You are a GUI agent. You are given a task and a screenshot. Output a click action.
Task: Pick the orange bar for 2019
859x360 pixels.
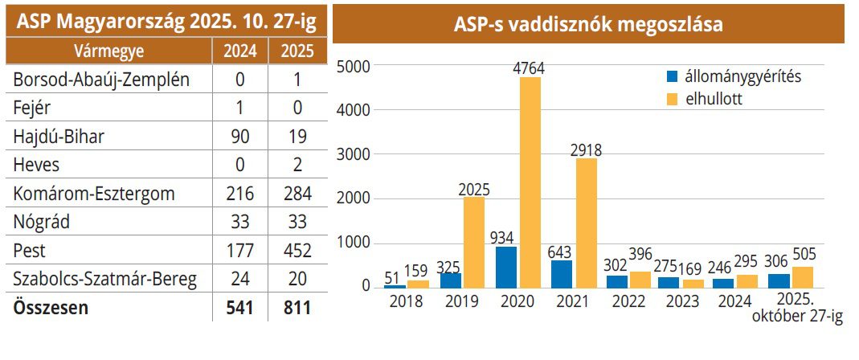click(474, 242)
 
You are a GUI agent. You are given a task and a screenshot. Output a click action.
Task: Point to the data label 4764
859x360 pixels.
click(529, 68)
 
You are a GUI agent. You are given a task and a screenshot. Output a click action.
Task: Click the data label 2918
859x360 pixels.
click(586, 149)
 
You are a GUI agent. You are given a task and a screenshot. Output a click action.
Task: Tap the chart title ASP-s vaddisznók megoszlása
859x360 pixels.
click(588, 25)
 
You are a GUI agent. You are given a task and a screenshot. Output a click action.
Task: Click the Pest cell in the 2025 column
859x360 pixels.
click(297, 252)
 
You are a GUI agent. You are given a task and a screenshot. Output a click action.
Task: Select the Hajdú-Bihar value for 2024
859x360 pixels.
click(240, 137)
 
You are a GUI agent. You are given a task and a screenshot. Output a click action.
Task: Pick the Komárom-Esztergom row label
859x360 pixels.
click(95, 194)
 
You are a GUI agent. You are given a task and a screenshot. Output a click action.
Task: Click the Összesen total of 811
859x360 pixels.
click(297, 308)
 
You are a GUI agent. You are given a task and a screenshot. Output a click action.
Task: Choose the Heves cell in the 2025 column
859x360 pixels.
click(297, 166)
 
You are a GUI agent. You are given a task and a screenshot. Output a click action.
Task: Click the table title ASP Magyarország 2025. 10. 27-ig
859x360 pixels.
click(166, 22)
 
